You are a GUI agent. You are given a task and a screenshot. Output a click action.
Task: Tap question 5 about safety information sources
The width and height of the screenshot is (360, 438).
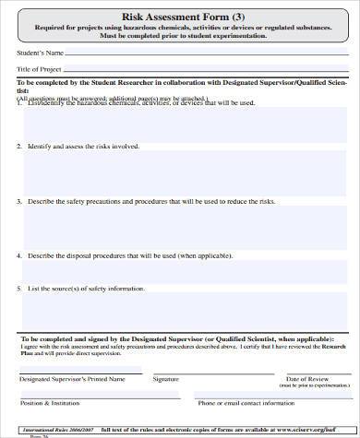pyautogui.click(x=84, y=290)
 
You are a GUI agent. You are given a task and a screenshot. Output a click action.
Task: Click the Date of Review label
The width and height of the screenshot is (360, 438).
pyautogui.click(x=307, y=379)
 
